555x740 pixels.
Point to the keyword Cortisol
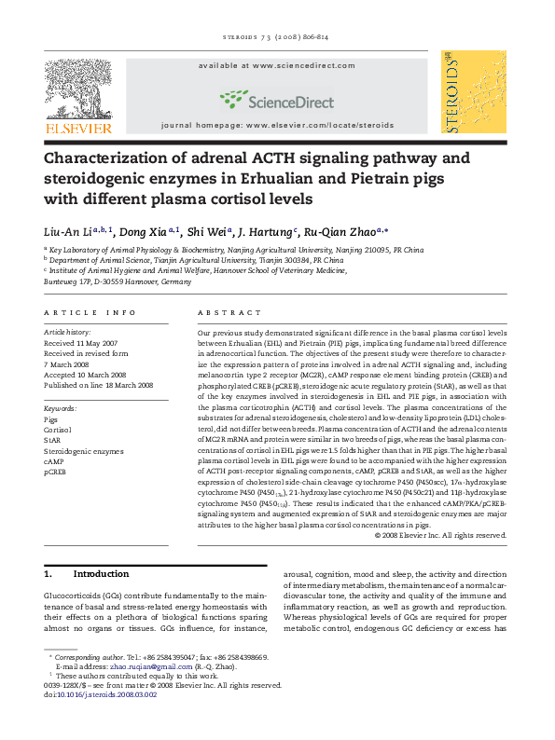pos(59,431)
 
